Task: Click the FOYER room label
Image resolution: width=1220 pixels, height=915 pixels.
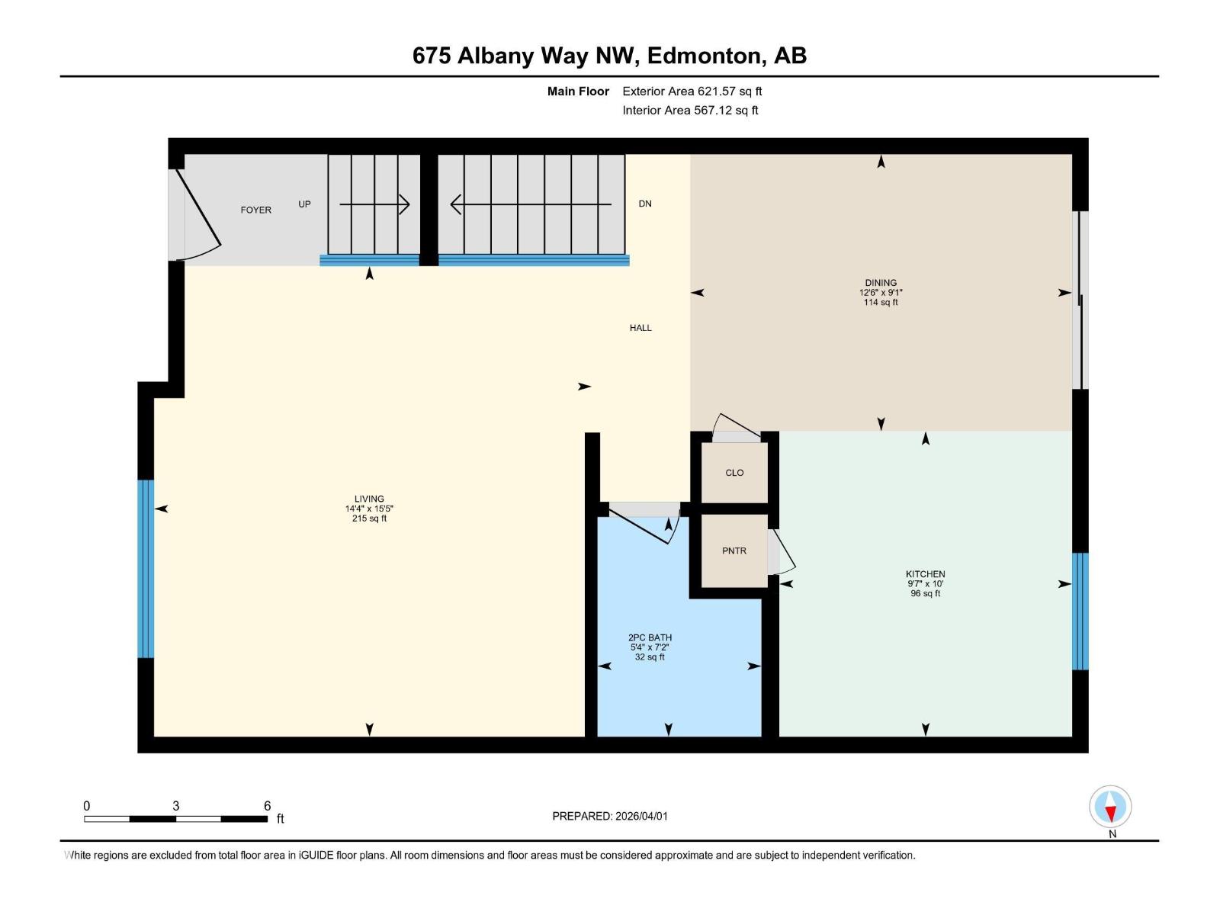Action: tap(255, 210)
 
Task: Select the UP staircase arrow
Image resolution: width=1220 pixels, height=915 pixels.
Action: tap(374, 204)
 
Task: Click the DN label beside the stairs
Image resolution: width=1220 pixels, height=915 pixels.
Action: tap(645, 204)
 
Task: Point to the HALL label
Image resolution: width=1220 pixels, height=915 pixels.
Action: tap(640, 328)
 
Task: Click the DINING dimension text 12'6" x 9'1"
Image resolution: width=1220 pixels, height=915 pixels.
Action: tap(881, 293)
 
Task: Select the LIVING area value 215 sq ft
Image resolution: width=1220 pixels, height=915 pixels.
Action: tap(369, 518)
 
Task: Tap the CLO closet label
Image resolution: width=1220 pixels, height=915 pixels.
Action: tap(734, 473)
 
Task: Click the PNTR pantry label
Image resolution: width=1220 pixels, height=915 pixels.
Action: tap(734, 551)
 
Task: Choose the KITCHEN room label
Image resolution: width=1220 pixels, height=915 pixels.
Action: tap(925, 574)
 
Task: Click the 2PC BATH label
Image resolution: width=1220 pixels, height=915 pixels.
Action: tap(650, 637)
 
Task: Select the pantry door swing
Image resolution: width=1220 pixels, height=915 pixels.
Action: tap(782, 551)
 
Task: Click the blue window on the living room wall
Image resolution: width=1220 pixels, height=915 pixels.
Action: tap(146, 568)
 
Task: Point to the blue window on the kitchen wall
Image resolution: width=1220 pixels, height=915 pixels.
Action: tap(1080, 611)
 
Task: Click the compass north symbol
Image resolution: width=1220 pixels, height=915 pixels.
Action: tap(1110, 807)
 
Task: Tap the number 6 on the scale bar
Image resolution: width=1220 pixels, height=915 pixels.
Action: tap(267, 806)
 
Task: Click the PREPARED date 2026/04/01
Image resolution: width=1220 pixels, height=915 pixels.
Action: tap(640, 816)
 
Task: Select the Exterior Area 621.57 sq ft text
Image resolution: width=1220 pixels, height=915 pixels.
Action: tap(692, 91)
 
